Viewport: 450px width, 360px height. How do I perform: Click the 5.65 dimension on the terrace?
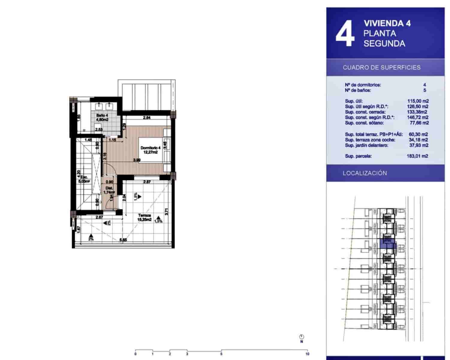(x=123, y=240)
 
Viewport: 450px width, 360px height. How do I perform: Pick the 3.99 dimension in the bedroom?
(x=137, y=160)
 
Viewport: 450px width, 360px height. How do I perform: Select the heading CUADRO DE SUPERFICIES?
(x=382, y=67)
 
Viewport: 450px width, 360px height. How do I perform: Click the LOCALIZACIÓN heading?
(x=365, y=173)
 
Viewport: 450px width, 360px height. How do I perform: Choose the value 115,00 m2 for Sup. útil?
(x=418, y=101)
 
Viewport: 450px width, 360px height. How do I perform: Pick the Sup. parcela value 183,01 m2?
(x=418, y=156)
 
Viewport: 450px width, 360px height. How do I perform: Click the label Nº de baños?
(x=358, y=90)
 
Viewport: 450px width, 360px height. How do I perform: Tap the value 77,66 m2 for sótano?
(x=419, y=123)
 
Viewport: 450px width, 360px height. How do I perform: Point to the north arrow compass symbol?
(x=302, y=337)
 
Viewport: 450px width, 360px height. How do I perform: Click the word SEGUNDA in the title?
(x=384, y=43)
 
